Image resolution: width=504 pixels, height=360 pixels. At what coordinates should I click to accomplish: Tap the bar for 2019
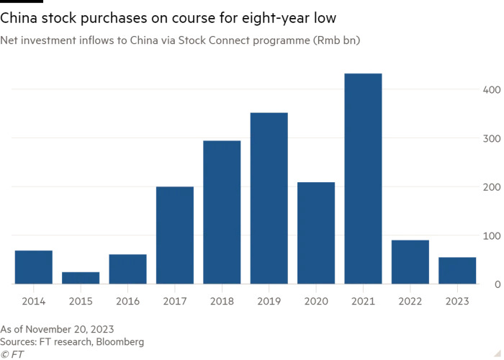point(269,198)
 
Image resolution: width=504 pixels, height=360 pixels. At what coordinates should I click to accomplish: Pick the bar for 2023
point(457,271)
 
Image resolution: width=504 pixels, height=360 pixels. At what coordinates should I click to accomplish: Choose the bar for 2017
point(175,235)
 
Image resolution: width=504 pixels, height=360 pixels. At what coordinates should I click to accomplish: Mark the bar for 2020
point(316,233)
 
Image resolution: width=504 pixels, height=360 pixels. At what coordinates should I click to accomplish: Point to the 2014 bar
point(33,267)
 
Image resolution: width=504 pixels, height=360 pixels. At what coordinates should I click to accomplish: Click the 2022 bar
point(410,262)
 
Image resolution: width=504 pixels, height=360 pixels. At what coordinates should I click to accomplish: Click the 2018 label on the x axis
point(222,302)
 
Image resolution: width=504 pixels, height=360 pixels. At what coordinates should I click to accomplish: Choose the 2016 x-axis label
point(127,302)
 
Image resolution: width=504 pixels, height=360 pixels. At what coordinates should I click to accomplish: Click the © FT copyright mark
point(12,354)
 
